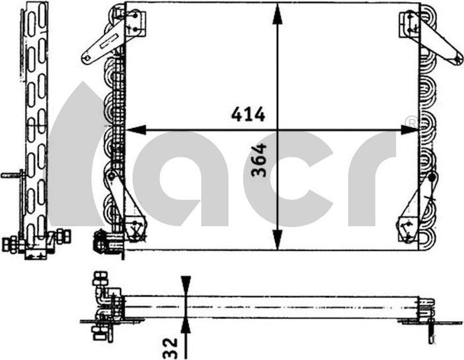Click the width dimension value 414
click(x=248, y=115)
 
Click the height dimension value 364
click(x=258, y=160)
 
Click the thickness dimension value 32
click(x=170, y=349)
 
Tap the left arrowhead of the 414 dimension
click(x=136, y=130)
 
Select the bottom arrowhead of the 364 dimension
click(x=277, y=239)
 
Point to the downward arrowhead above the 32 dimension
click(x=186, y=285)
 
